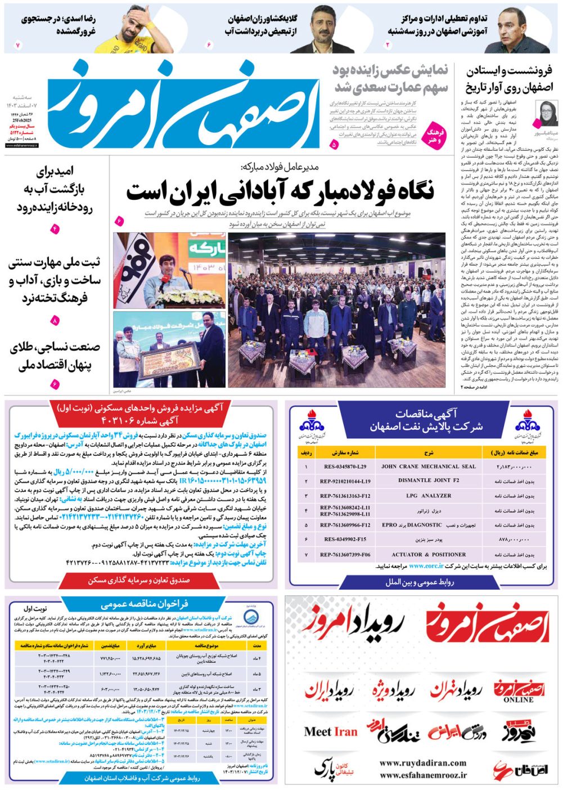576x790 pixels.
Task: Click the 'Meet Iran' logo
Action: click(330, 731)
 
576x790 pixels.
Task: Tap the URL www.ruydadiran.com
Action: click(422, 763)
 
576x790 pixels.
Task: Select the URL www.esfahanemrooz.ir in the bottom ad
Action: click(422, 775)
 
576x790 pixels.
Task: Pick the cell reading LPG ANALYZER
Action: click(428, 496)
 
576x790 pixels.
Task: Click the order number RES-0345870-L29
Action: click(345, 466)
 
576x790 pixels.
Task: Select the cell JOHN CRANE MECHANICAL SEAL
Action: click(428, 466)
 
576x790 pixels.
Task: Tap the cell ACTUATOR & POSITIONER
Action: click(428, 554)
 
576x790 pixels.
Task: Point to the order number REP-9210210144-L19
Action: click(345, 481)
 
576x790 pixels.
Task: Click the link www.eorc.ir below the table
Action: click(426, 566)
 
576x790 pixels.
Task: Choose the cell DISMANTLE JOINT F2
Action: click(428, 481)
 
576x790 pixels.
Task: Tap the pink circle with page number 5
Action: click(334, 145)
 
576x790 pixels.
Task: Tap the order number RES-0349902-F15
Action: click(345, 539)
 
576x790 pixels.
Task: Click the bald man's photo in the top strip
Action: click(514, 31)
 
